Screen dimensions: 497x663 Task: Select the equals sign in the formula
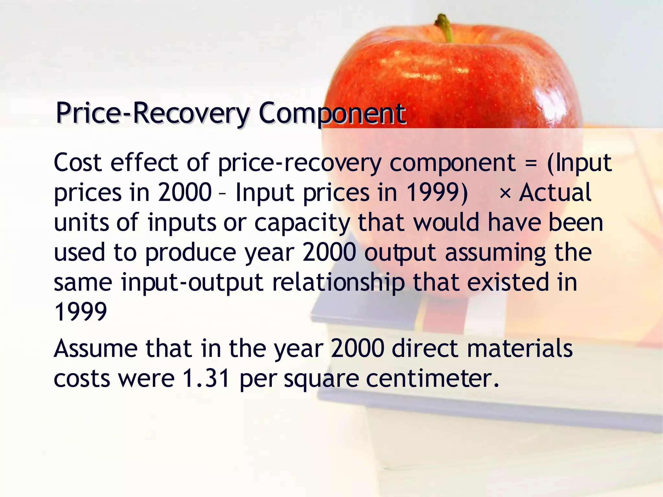pos(531,163)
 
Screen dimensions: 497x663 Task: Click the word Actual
pos(555,193)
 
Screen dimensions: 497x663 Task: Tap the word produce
pos(191,253)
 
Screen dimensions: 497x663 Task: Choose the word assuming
pos(496,253)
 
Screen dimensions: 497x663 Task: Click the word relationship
pos(338,283)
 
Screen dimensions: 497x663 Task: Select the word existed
pos(508,282)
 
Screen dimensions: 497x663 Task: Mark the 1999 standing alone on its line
pos(81,312)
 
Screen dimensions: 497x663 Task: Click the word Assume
pos(96,349)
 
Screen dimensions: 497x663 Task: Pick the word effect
pos(144,162)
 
